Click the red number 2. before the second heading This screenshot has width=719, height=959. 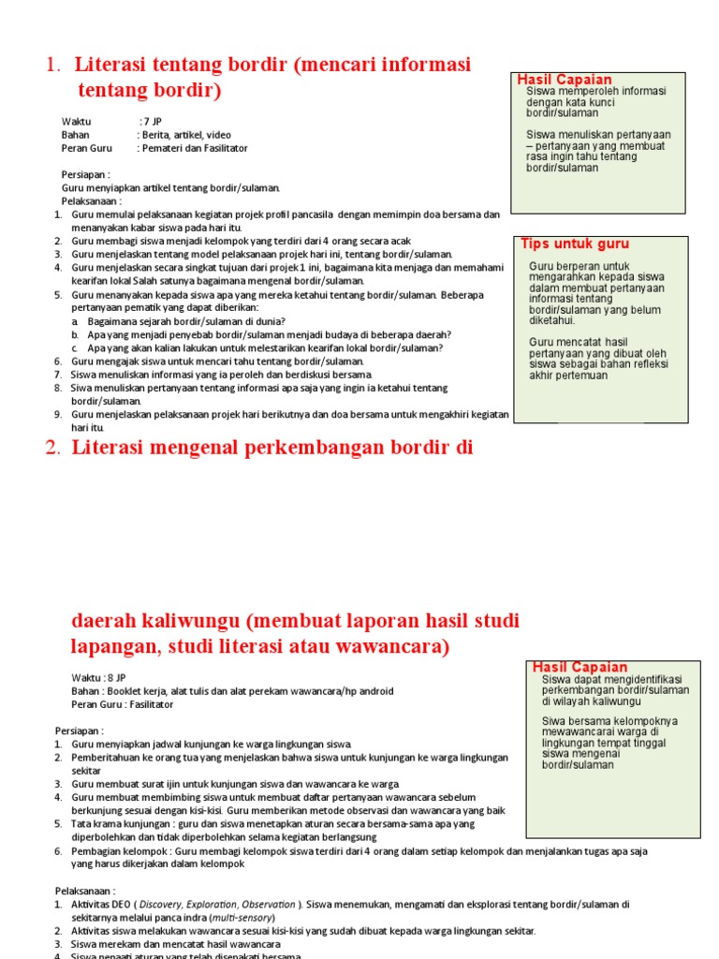53,448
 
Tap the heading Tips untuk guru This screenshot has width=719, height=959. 575,244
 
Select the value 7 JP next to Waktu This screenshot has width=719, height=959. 151,122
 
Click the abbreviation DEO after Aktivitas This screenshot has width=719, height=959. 123,905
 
